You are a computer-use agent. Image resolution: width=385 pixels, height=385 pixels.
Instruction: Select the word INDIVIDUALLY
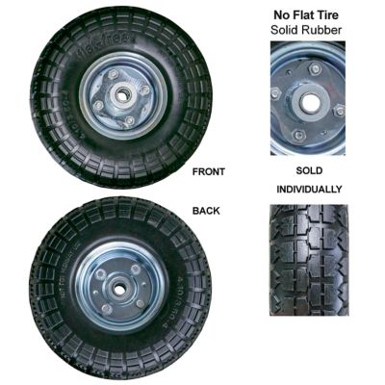pyautogui.click(x=307, y=189)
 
